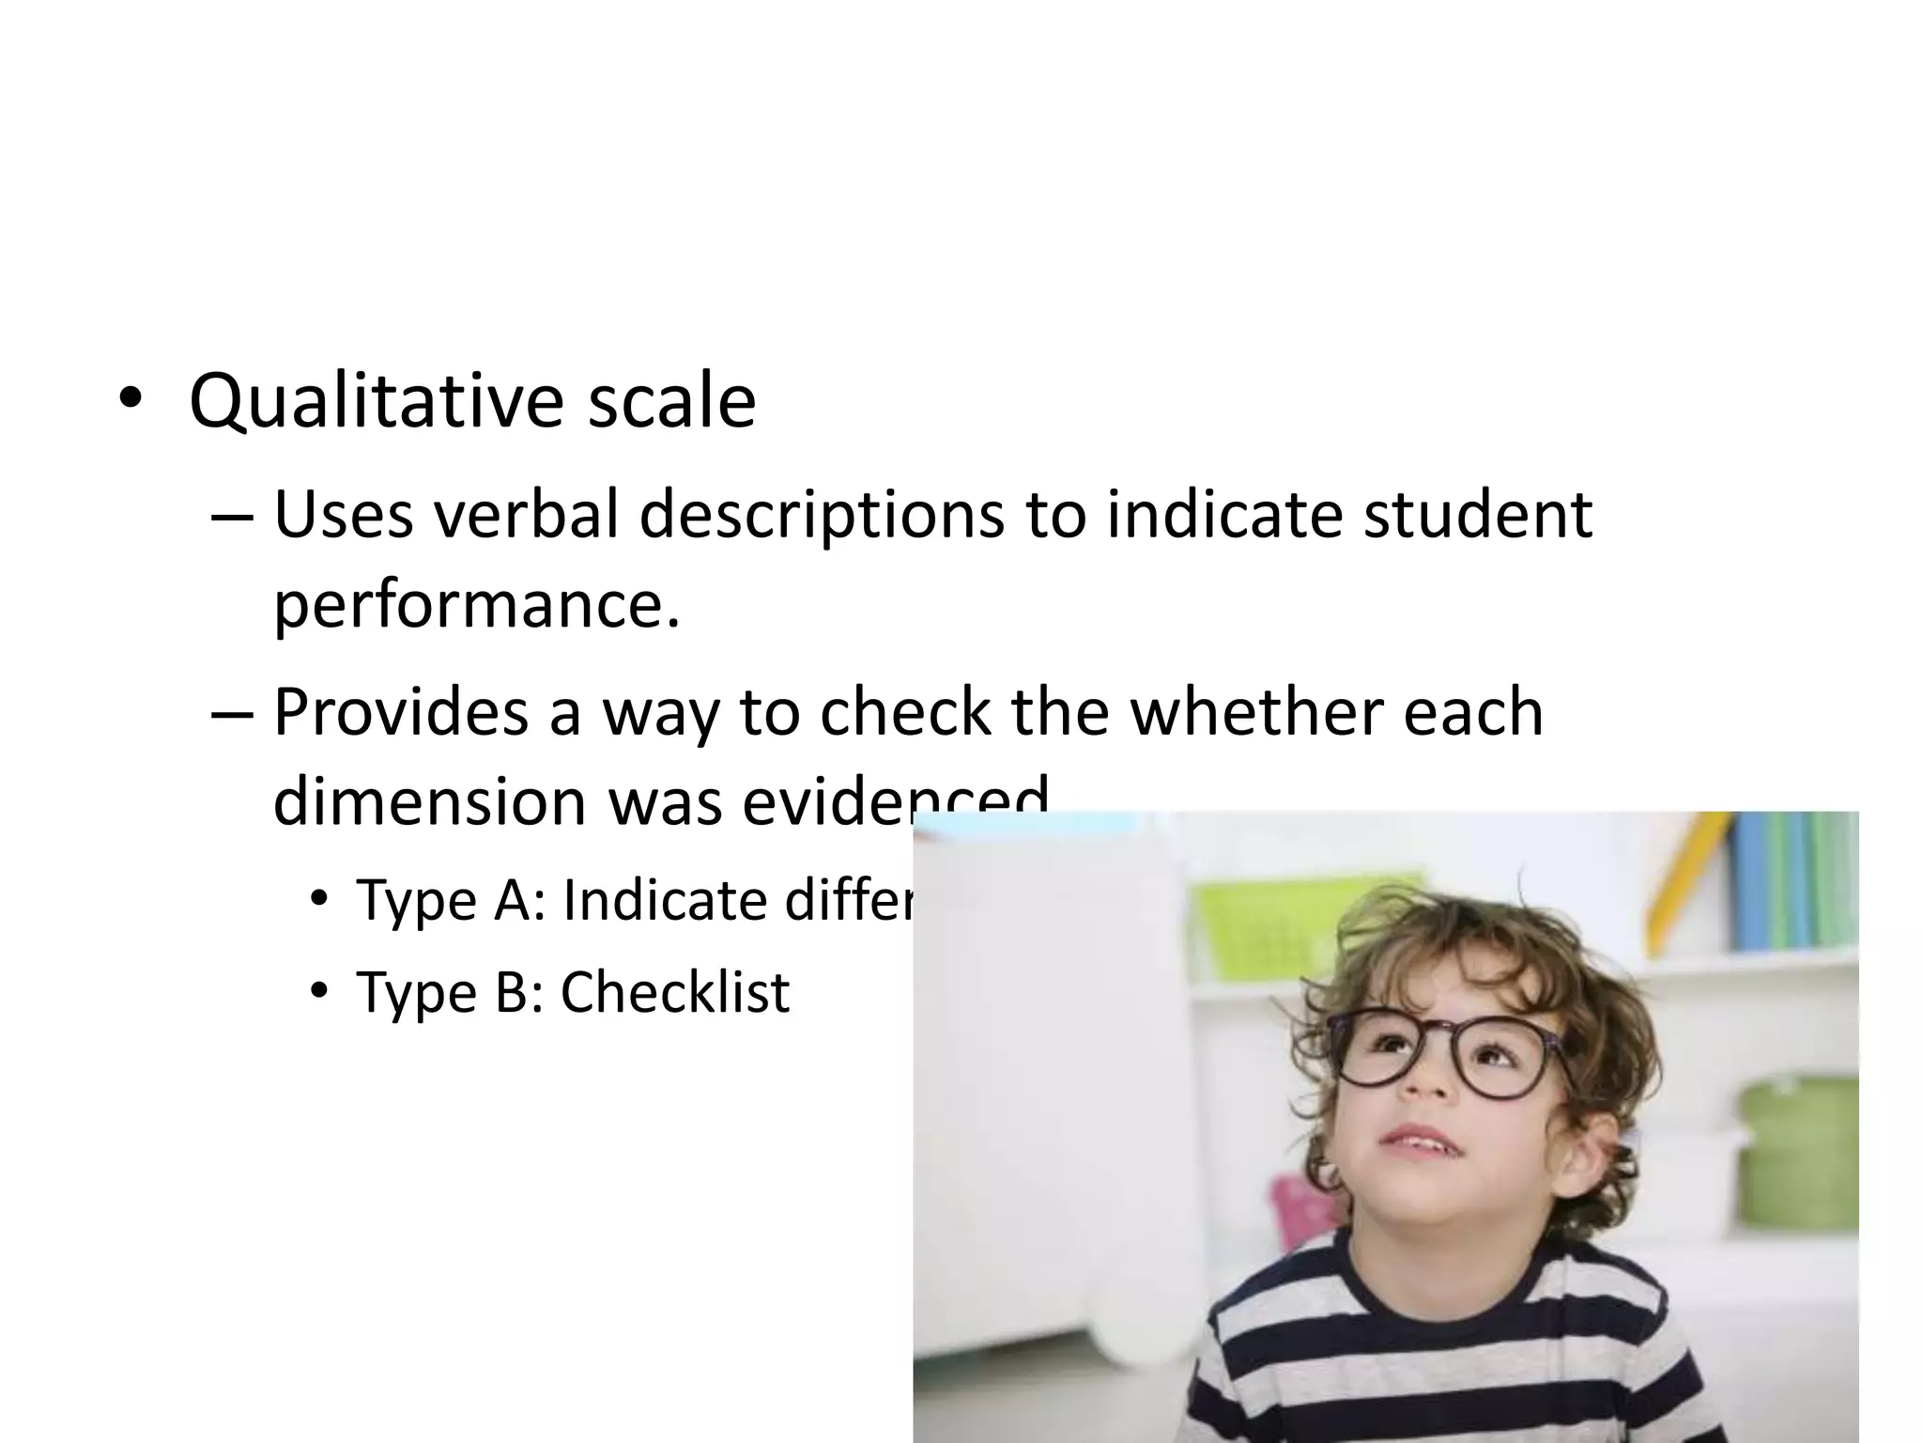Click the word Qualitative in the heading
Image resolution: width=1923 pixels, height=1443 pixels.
(376, 402)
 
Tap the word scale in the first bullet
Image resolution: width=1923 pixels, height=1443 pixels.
(671, 402)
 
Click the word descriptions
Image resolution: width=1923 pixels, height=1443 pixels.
(822, 517)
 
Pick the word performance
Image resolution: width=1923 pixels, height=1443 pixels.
(475, 605)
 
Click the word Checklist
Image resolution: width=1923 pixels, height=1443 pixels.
(675, 992)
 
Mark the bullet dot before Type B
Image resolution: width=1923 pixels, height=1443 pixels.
(319, 992)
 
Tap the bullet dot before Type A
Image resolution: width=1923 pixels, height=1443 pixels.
(319, 900)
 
